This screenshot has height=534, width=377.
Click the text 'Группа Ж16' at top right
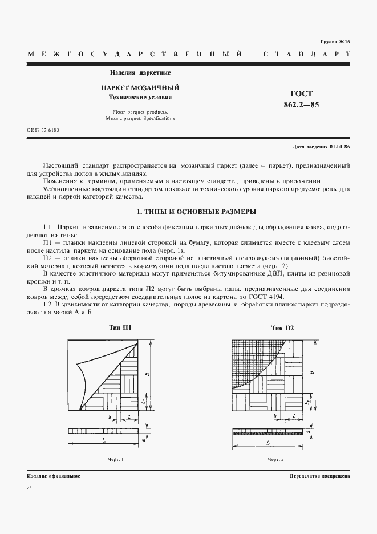pyautogui.click(x=336, y=42)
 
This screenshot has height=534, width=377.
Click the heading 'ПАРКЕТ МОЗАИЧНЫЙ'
pyautogui.click(x=140, y=88)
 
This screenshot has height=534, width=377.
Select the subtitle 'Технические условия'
pyautogui.click(x=140, y=97)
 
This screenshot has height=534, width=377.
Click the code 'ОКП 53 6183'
pyautogui.click(x=43, y=130)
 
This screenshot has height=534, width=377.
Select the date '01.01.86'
pyautogui.click(x=340, y=147)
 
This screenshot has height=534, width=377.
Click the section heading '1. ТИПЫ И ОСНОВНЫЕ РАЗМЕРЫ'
pyautogui.click(x=188, y=212)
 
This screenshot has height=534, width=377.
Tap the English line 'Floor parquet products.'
pyautogui.click(x=140, y=112)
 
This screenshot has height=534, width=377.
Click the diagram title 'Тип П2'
pyautogui.click(x=282, y=327)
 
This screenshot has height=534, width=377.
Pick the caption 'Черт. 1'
pyautogui.click(x=116, y=459)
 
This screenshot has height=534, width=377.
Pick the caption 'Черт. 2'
pyautogui.click(x=275, y=459)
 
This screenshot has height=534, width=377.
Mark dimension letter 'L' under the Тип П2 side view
pyautogui.click(x=267, y=443)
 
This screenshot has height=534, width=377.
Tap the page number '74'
pyautogui.click(x=29, y=487)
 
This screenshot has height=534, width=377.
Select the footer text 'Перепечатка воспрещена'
pyautogui.click(x=319, y=475)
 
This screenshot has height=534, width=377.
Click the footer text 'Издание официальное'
pyautogui.click(x=54, y=475)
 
